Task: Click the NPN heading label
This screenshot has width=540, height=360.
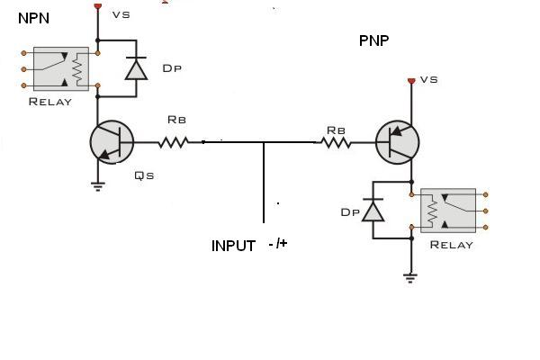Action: (x=33, y=17)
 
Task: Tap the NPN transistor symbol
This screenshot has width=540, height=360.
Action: (x=112, y=142)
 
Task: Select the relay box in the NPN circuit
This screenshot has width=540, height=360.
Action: (x=61, y=68)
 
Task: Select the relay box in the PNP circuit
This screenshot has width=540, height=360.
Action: (x=448, y=211)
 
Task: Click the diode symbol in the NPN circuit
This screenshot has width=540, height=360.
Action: (x=136, y=68)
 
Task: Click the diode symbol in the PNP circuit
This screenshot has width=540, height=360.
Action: (x=373, y=209)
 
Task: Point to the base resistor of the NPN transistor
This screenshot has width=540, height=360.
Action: (x=175, y=141)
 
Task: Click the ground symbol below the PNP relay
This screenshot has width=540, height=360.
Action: (x=411, y=277)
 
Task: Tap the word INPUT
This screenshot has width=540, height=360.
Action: (x=234, y=246)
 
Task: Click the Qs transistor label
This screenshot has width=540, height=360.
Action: (x=143, y=175)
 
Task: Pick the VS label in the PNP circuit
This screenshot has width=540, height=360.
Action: (x=428, y=79)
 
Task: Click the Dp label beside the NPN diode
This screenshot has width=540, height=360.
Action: (x=173, y=68)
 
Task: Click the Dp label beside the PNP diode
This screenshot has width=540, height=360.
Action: (x=350, y=212)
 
